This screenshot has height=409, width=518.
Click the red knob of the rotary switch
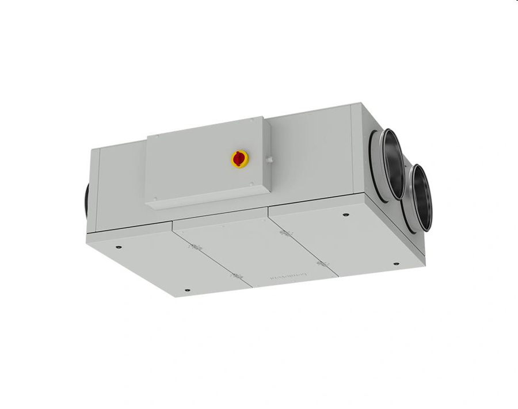238,158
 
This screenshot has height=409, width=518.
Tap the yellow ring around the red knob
233,162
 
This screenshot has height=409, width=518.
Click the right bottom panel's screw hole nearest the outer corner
396,264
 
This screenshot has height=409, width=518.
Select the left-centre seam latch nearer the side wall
193,248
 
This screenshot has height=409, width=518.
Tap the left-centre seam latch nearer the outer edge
235,277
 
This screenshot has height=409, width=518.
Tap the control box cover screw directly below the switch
251,184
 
